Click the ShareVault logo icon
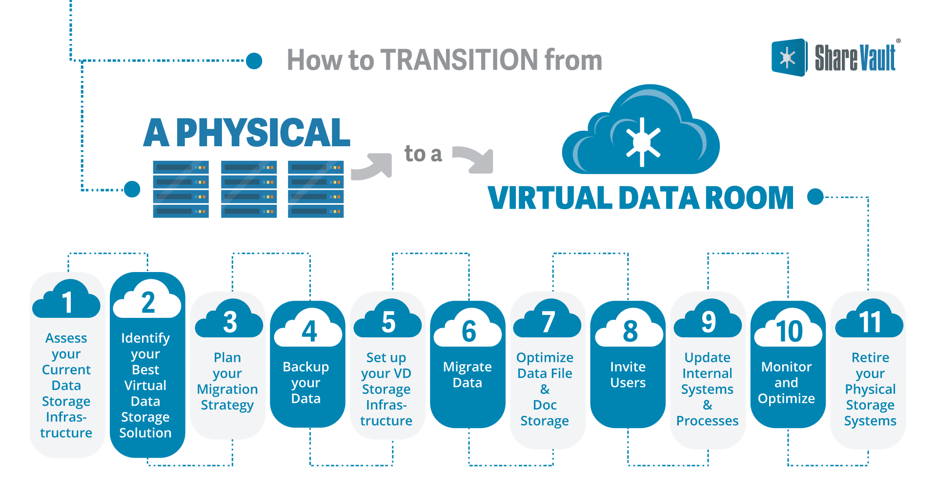click(788, 58)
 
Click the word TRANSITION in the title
click(460, 60)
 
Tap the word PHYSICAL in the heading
click(263, 133)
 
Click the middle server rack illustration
click(249, 189)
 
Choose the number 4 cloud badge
click(308, 330)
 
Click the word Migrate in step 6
click(467, 367)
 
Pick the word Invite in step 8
click(628, 367)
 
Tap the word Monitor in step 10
click(786, 367)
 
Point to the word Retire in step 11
click(870, 357)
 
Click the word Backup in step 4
click(306, 367)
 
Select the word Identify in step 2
click(145, 338)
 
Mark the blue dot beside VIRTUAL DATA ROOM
click(815, 197)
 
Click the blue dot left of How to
click(254, 61)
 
